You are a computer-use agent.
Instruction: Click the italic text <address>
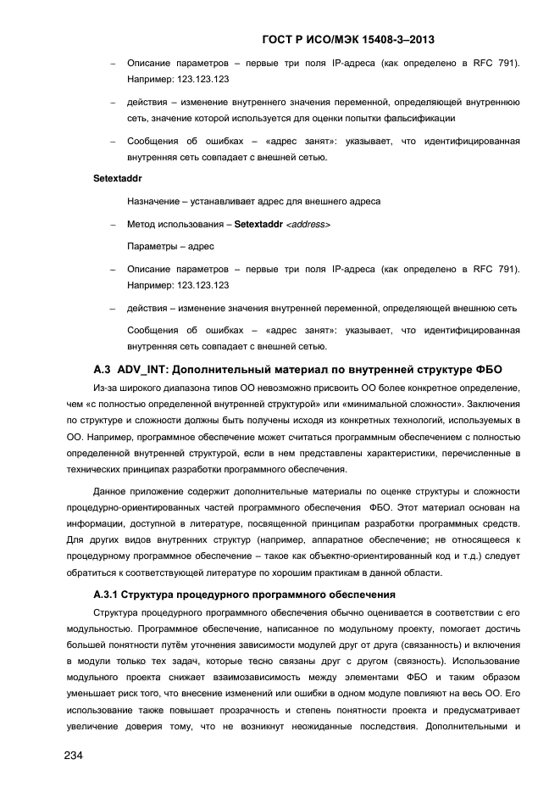click(x=308, y=224)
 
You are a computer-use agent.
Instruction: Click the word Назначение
click(x=155, y=202)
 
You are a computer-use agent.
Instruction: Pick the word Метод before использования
click(x=141, y=224)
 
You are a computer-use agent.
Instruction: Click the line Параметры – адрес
click(x=170, y=247)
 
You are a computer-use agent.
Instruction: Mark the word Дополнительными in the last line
click(x=465, y=727)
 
